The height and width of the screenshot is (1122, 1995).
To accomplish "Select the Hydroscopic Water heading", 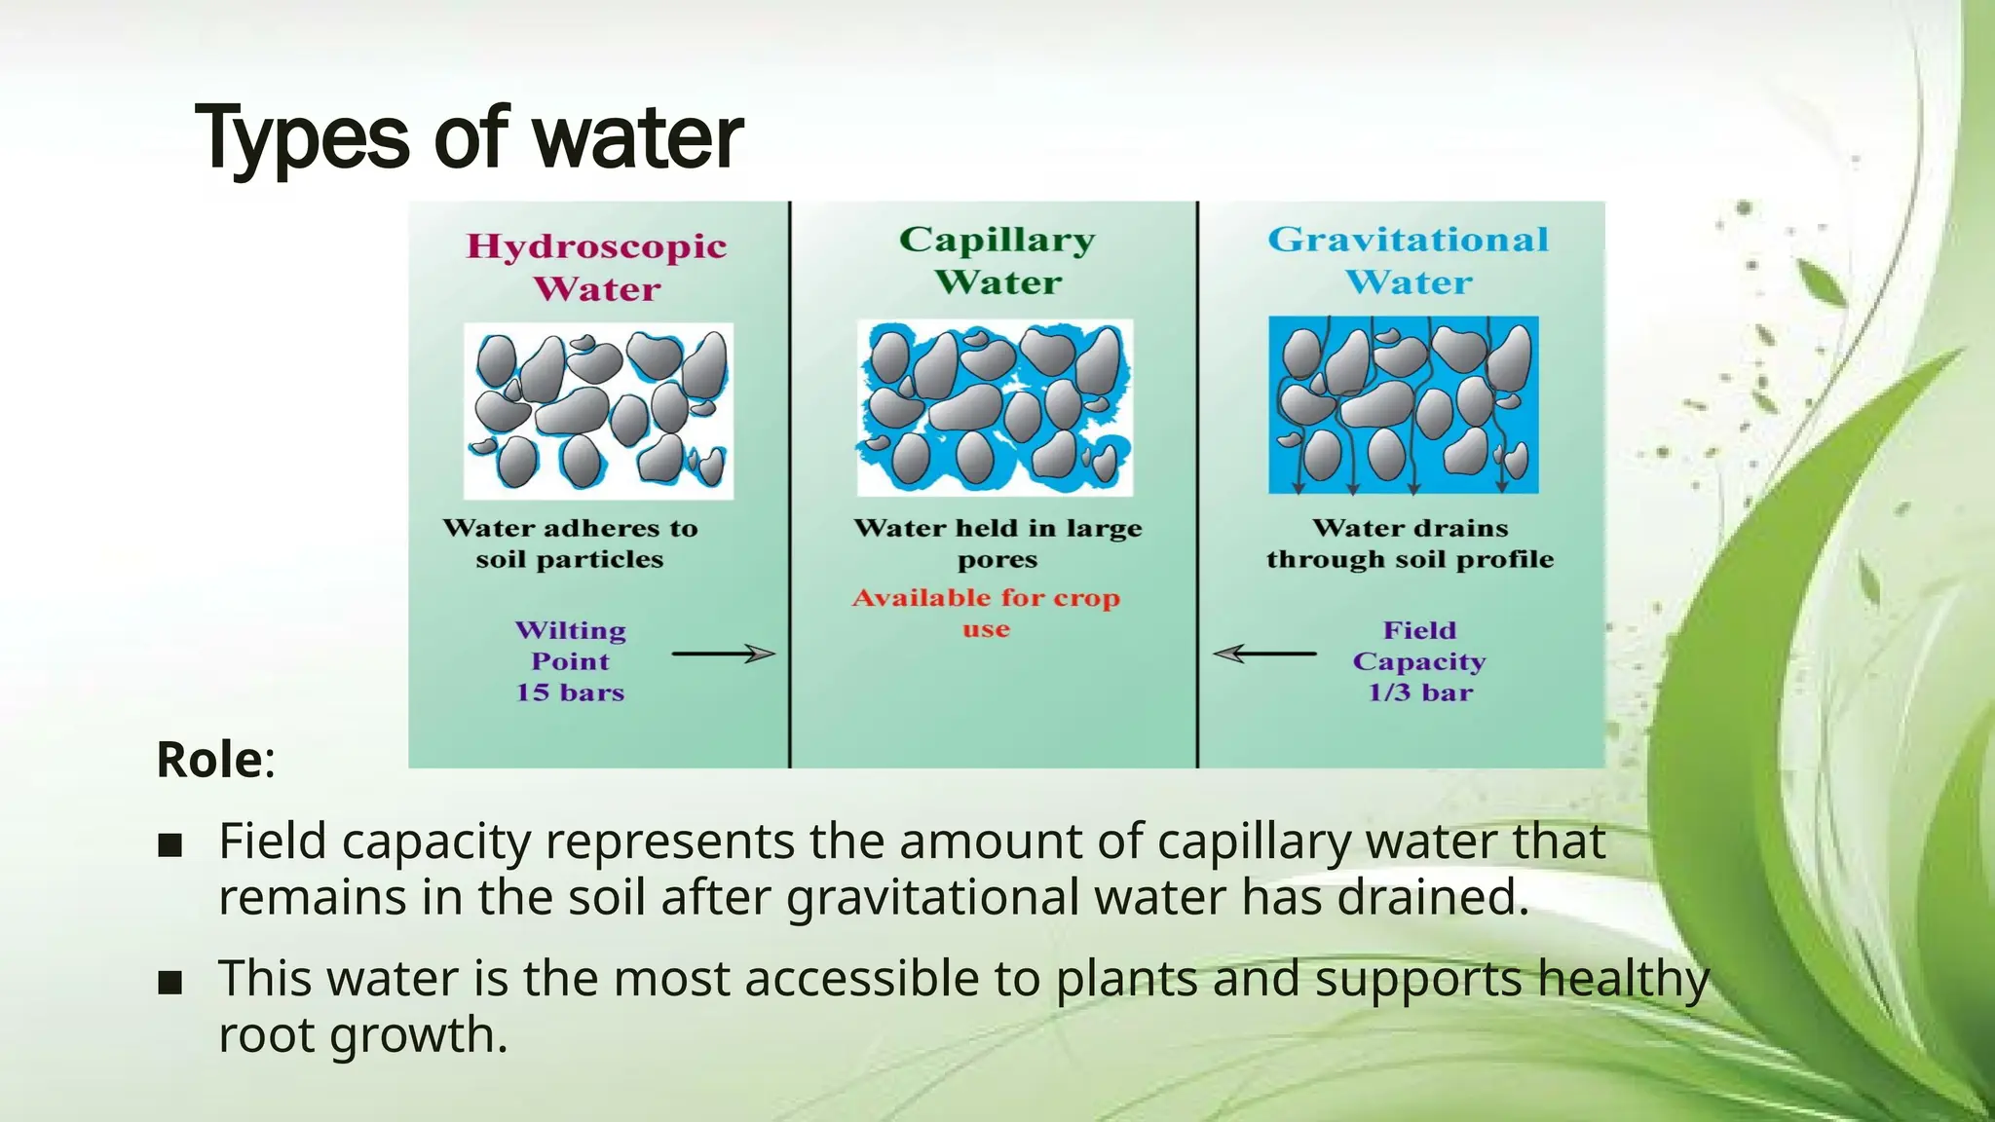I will click(x=596, y=267).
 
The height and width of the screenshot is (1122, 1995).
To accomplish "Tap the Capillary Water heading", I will click(x=997, y=260).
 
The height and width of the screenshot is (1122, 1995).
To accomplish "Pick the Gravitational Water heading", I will click(x=1408, y=260).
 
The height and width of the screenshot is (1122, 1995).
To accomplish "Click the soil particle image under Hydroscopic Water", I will click(x=598, y=410).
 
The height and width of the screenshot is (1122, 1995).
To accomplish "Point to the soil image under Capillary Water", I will click(x=995, y=407).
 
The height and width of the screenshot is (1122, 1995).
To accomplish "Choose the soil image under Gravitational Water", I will click(x=1403, y=404).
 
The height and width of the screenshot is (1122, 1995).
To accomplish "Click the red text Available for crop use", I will click(x=986, y=613).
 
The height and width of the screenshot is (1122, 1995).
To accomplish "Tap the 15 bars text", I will click(x=570, y=692).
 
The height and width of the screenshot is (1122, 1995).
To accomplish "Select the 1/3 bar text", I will click(x=1419, y=692).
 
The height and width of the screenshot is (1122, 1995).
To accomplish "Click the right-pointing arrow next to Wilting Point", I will click(x=723, y=654).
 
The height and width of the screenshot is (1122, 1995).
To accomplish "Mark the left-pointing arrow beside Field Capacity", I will click(x=1264, y=654).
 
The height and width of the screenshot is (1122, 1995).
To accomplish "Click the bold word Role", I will click(x=209, y=760).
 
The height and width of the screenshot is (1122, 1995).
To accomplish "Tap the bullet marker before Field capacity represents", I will click(x=170, y=844).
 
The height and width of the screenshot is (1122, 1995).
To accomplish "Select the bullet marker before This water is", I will click(x=170, y=982).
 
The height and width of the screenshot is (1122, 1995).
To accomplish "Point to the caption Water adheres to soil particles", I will click(x=570, y=543).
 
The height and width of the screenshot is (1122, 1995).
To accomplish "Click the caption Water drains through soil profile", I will click(x=1410, y=543).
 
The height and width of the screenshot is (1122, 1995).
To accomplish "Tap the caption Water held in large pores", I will click(x=997, y=543).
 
